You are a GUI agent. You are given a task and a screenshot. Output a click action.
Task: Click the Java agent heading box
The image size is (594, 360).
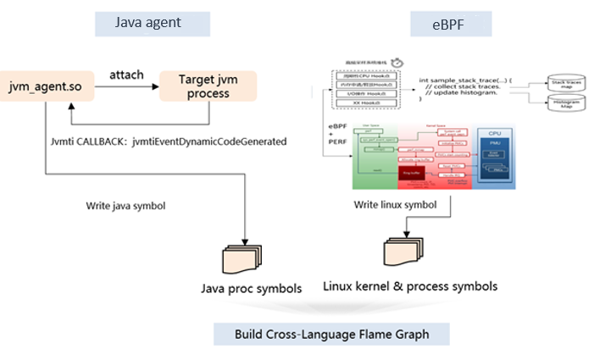[x=152, y=23]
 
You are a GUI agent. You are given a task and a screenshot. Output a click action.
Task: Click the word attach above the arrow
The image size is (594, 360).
[x=126, y=75]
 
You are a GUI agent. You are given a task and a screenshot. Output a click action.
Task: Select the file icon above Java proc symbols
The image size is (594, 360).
[x=241, y=258]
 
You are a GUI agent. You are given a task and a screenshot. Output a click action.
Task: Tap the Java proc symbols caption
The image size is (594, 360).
[x=250, y=289]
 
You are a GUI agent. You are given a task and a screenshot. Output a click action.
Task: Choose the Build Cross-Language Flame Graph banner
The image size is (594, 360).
[x=331, y=334]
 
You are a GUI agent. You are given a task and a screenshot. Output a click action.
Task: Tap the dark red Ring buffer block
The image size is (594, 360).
[x=413, y=174]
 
